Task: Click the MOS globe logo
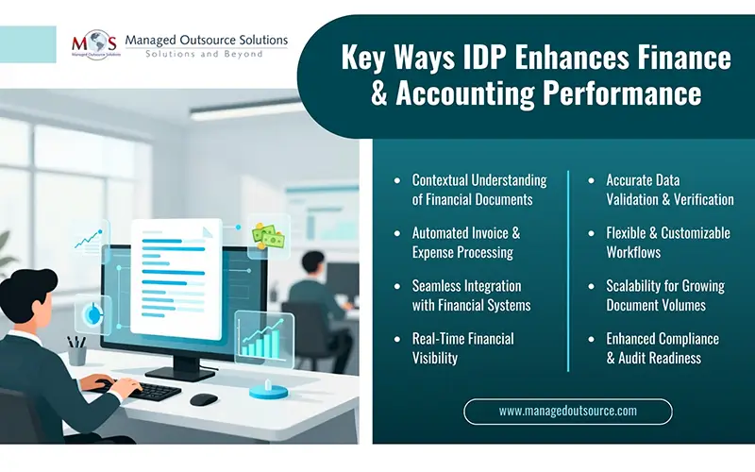pyautogui.click(x=94, y=45)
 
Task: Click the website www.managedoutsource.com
pyautogui.click(x=567, y=411)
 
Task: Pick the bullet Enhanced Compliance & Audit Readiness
pyautogui.click(x=662, y=348)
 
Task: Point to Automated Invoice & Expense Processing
pyautogui.click(x=465, y=243)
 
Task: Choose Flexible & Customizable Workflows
pyautogui.click(x=667, y=243)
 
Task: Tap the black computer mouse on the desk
pyautogui.click(x=203, y=399)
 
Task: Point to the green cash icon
pyautogui.click(x=268, y=236)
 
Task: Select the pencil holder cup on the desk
pyautogui.click(x=77, y=353)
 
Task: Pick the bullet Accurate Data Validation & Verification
pyautogui.click(x=669, y=190)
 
